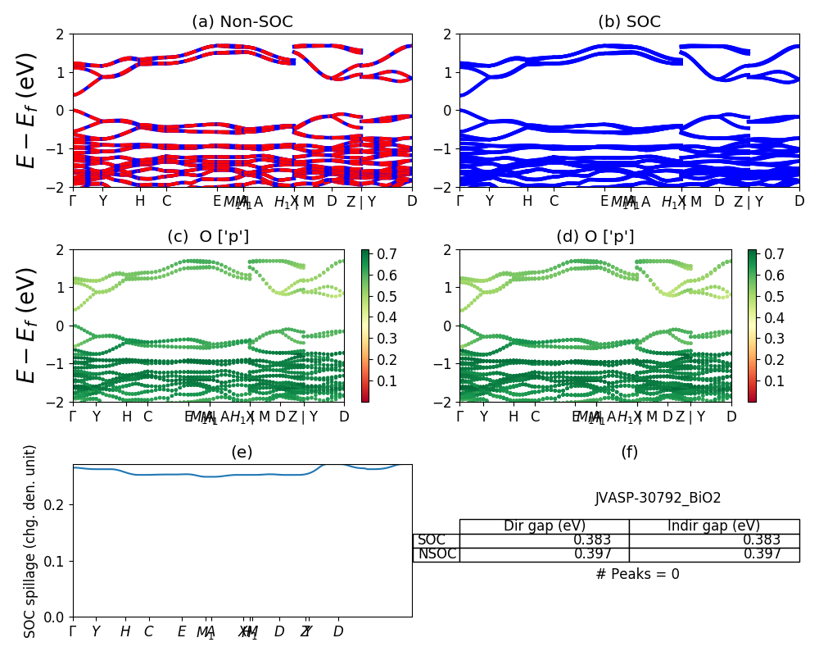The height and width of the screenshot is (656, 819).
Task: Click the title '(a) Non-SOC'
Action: click(242, 22)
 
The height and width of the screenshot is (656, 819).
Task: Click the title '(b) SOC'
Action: click(629, 22)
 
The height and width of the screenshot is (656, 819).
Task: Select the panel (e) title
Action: click(242, 452)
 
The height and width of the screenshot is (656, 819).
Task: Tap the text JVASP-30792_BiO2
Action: click(658, 498)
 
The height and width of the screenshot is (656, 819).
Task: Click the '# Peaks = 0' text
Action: click(637, 574)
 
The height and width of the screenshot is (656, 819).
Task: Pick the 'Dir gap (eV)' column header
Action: click(544, 526)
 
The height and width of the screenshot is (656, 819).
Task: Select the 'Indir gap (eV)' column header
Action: click(713, 526)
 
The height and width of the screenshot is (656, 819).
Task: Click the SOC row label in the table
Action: click(432, 540)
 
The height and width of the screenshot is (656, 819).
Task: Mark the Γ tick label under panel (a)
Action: click(73, 201)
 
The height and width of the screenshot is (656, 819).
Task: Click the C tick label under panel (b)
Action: click(554, 201)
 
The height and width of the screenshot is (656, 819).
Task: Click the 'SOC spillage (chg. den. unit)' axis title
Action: click(30, 541)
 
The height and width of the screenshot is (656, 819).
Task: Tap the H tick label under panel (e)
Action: click(125, 631)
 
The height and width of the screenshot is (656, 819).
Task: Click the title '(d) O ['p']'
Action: click(595, 237)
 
